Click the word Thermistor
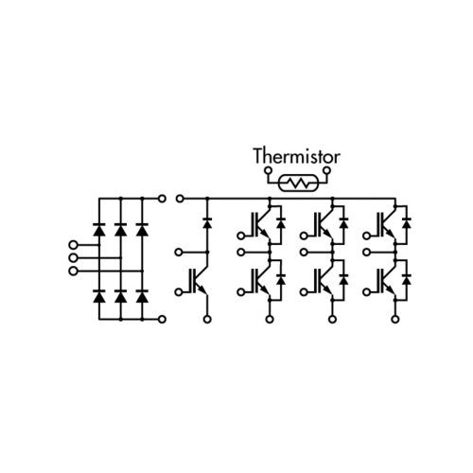pos(297,156)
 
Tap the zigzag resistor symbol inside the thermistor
pos(298,183)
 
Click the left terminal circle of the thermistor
pos(269,171)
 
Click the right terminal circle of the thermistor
pos(327,171)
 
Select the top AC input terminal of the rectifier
pos(73,245)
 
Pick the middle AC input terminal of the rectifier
pos(73,258)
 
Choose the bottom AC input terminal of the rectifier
pos(73,272)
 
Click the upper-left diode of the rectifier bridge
pos(99,229)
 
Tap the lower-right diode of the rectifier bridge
pos(142,296)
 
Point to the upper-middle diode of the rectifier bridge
pos(121,229)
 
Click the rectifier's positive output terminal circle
pos(162,199)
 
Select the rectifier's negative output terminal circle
pos(162,319)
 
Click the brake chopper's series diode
pos(207,222)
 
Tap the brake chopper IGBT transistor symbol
pos(199,280)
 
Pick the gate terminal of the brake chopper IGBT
pos(179,292)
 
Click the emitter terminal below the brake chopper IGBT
pos(207,320)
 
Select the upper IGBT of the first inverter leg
pos(261,224)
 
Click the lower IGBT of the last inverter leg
pos(386,280)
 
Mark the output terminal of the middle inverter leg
pos(304,253)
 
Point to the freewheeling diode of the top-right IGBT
pos(407,222)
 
